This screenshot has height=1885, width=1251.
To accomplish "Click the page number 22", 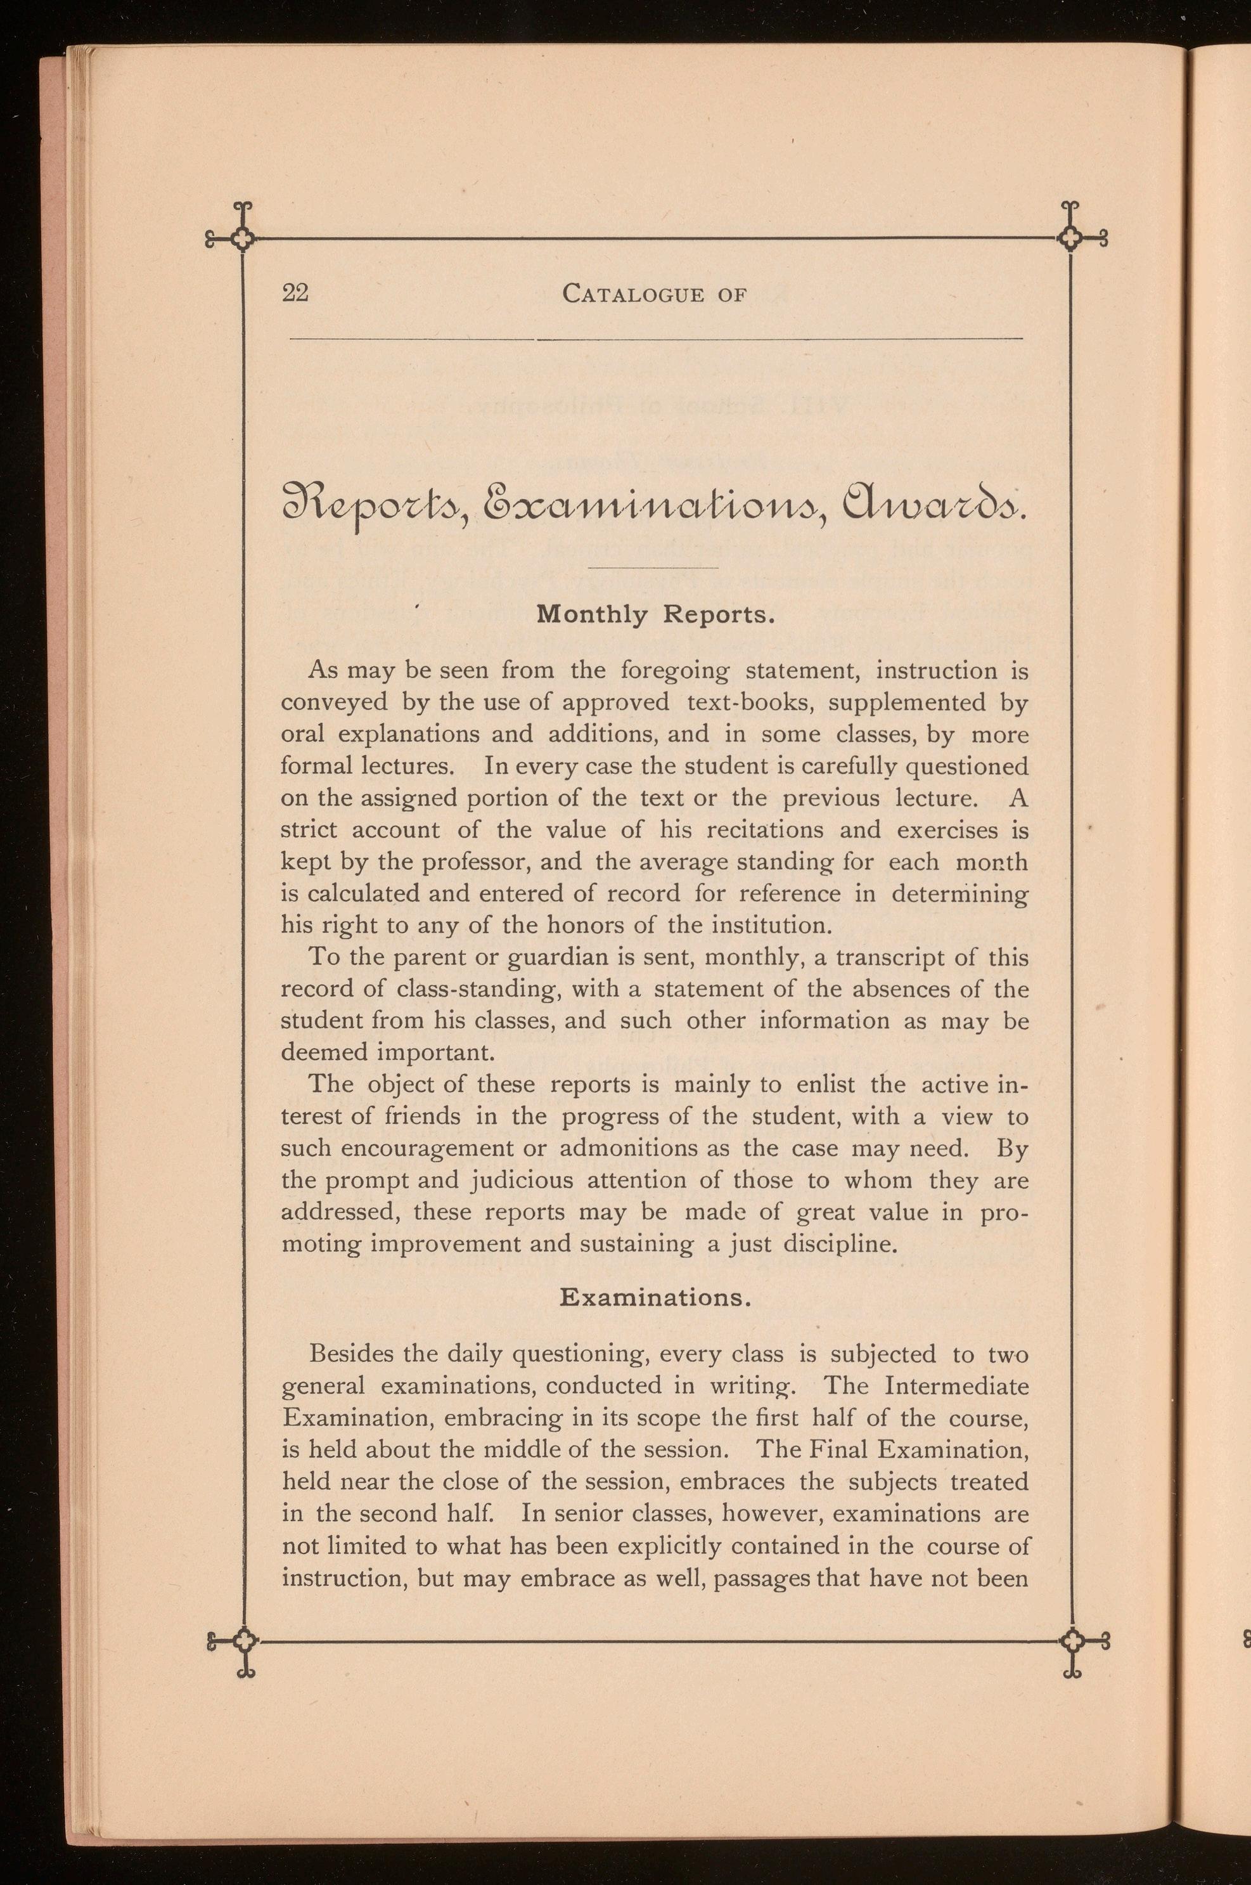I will (295, 294).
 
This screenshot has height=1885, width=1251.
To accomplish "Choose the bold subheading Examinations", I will (654, 1299).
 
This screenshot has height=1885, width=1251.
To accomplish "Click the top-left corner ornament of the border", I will (243, 236).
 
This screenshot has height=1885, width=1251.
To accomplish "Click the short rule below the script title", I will (653, 567).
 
